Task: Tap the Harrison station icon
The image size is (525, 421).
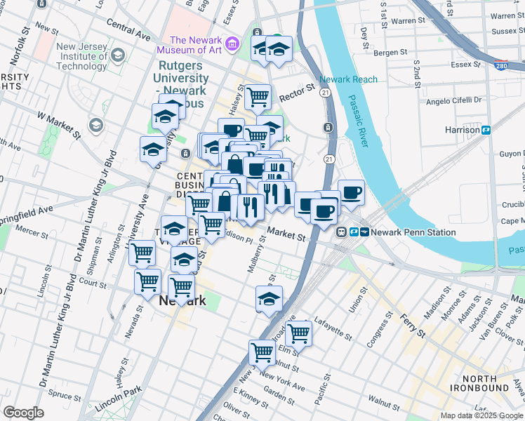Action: [485, 130]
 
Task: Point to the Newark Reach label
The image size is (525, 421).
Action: [348, 79]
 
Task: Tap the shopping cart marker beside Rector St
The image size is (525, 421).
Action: [258, 96]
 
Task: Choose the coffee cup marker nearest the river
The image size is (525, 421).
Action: [351, 193]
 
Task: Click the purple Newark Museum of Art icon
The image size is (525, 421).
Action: [234, 44]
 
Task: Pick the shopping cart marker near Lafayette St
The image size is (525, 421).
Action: [298, 333]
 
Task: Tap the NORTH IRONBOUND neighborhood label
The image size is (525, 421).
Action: [480, 382]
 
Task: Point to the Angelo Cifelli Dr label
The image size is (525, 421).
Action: [454, 101]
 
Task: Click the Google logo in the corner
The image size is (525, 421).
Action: [23, 413]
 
